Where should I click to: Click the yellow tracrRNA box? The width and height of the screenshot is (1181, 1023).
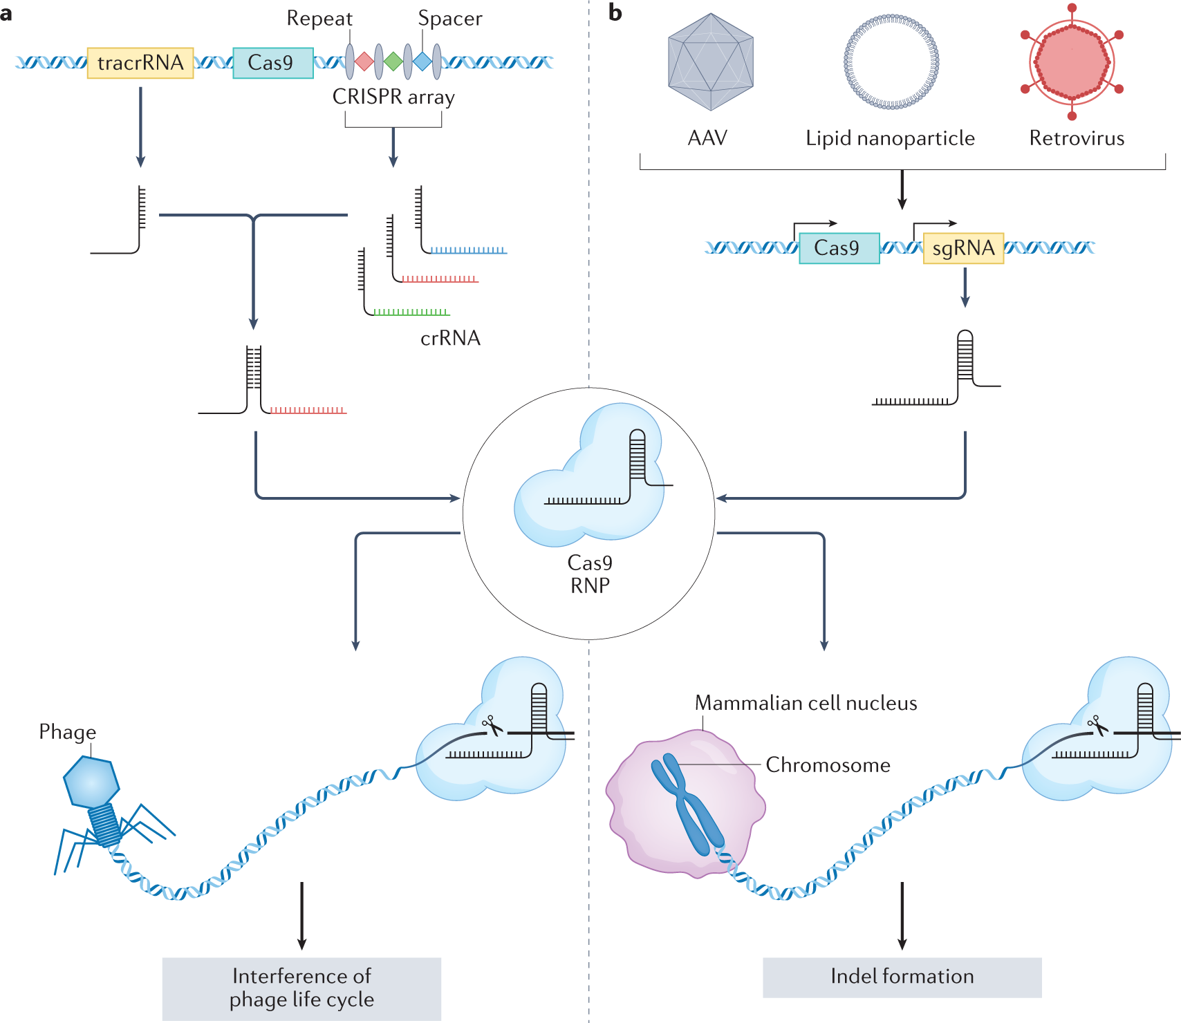click(140, 63)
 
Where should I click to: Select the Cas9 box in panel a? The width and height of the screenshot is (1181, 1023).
click(273, 63)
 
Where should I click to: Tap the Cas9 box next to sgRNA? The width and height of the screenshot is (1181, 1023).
click(839, 248)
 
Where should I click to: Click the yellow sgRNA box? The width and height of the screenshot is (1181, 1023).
click(963, 248)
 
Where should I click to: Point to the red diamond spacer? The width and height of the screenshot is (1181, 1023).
click(364, 62)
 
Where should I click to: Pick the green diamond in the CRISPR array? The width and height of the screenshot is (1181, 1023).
click(393, 62)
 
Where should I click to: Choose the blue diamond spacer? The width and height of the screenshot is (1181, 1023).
click(422, 62)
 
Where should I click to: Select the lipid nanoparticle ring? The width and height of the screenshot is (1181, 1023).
click(891, 62)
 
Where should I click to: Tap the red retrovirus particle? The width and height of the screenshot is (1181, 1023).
click(1072, 62)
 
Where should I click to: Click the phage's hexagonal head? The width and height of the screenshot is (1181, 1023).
click(91, 782)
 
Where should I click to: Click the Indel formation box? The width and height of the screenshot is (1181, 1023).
click(902, 977)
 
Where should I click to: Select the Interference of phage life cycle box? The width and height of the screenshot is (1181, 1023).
click(301, 988)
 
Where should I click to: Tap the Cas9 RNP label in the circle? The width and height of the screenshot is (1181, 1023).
click(590, 574)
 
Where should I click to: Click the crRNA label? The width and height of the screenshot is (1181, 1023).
click(450, 338)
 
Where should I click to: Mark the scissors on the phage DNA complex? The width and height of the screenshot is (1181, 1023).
click(492, 726)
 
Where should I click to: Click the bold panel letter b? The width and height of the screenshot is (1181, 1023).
click(615, 13)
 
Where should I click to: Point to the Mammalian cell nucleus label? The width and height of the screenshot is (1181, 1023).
click(806, 703)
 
